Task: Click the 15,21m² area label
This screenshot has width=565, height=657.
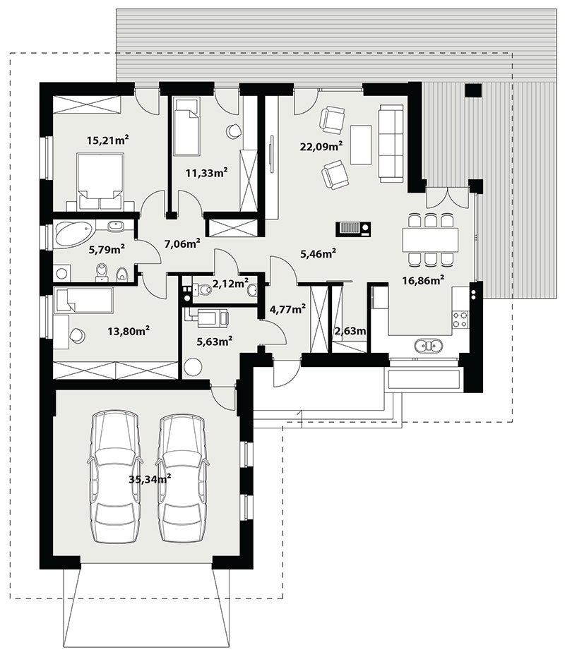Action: point(107,140)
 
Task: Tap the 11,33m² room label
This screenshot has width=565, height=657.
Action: point(207,172)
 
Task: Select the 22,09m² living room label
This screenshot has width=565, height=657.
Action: point(322,146)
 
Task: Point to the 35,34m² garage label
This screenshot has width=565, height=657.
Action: point(150,479)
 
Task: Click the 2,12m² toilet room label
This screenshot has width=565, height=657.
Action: point(231,284)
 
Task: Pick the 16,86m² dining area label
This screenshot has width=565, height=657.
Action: point(423,280)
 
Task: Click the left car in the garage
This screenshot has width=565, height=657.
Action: point(115,476)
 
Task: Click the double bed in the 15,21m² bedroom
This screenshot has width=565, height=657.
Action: point(101,180)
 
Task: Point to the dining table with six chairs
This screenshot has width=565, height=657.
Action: point(430,239)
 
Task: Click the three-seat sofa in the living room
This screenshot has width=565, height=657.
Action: point(391,143)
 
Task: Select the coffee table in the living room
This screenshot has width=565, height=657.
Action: point(361,145)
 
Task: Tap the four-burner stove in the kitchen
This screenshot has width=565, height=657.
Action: point(460,319)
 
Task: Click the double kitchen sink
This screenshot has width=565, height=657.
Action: point(428,346)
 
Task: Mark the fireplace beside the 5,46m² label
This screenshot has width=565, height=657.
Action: point(354,229)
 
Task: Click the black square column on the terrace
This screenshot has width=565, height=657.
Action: point(472,90)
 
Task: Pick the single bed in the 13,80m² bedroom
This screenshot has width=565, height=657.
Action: point(83,300)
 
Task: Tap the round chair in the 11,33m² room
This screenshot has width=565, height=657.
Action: point(233,131)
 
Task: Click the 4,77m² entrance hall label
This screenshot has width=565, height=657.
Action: point(287,309)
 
